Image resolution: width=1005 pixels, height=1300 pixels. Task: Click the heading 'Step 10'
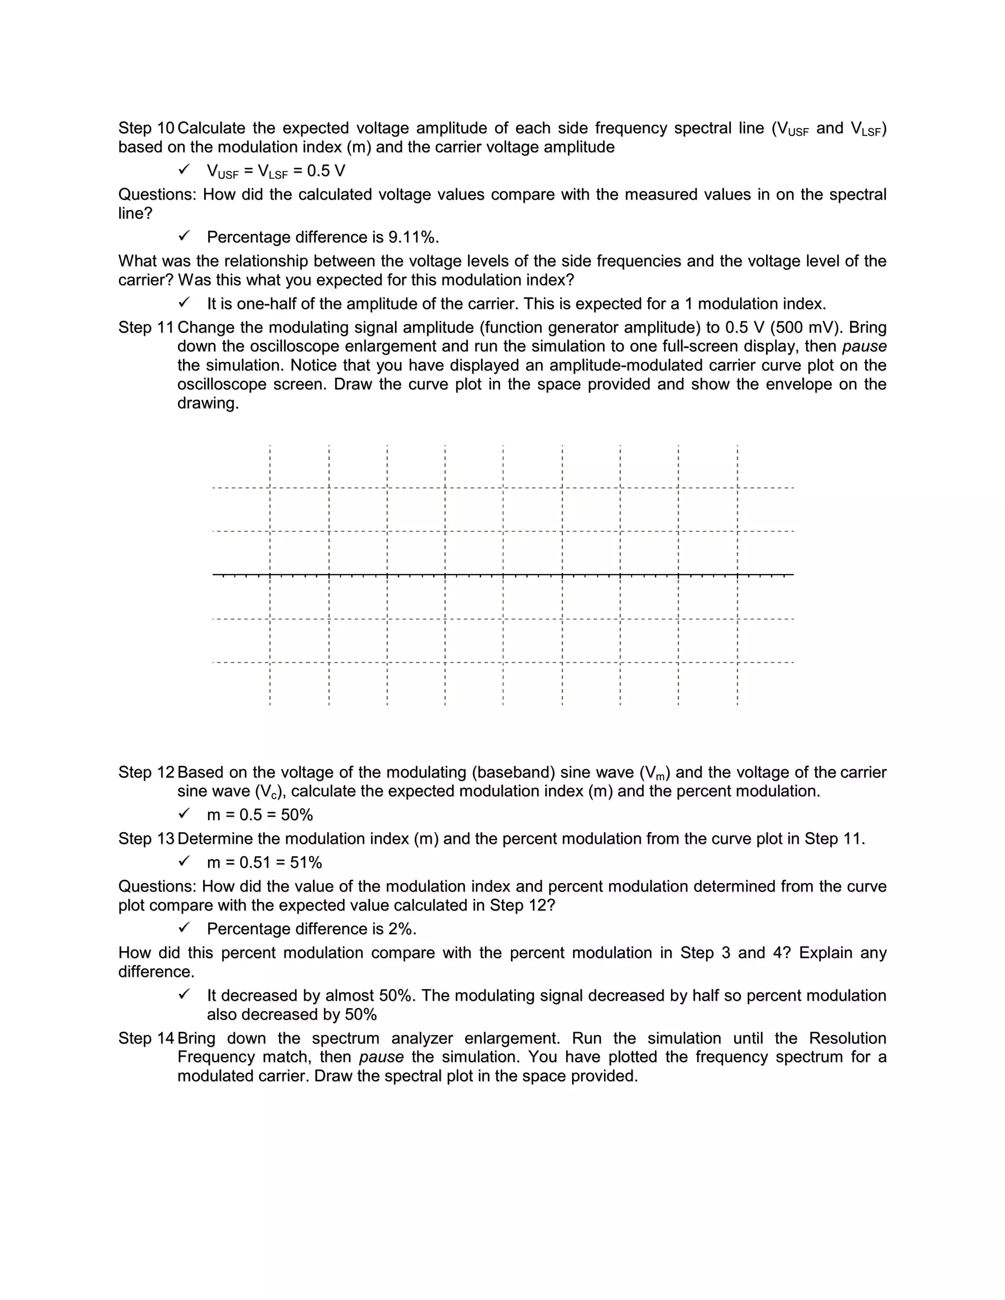coord(146,128)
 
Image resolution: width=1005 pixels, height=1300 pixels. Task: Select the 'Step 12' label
coord(146,772)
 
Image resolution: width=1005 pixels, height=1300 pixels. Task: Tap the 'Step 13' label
coord(146,839)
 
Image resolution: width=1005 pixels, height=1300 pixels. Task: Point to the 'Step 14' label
coord(146,1038)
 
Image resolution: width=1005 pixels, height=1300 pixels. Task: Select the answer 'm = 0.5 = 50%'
coord(260,815)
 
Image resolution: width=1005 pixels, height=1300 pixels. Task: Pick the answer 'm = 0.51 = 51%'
coord(264,862)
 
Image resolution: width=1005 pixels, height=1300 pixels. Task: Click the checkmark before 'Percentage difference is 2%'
coord(185,928)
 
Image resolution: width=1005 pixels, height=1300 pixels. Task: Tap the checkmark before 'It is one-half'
coord(185,303)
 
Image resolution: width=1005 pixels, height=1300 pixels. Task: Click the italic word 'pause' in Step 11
coord(864,346)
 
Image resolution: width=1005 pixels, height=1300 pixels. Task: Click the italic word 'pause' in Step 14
coord(381,1057)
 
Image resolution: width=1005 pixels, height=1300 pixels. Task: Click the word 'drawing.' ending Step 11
coord(208,404)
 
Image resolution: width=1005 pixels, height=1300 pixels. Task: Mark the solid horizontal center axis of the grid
coord(502,574)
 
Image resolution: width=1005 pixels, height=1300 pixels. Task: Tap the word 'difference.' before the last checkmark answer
coord(156,972)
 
